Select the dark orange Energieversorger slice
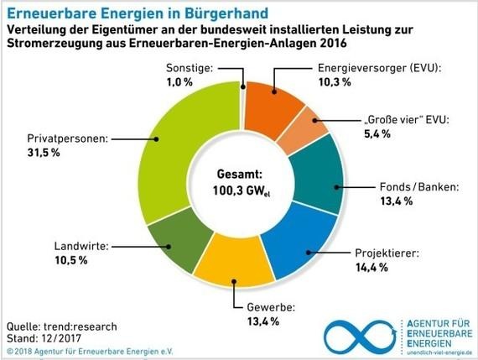(273, 101)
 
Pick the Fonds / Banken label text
(420, 187)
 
